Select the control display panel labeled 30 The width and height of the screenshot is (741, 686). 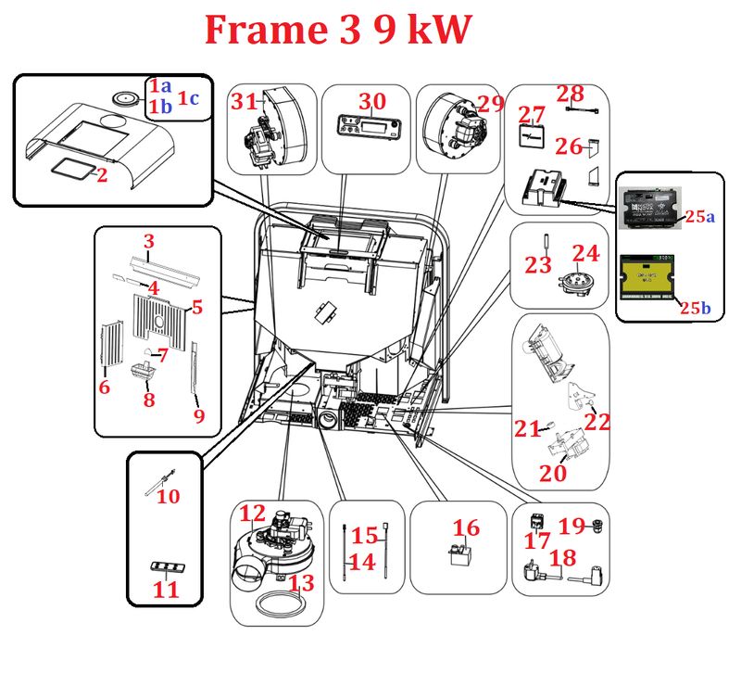(366, 130)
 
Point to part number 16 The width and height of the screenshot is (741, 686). (466, 528)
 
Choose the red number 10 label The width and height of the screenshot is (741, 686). (168, 497)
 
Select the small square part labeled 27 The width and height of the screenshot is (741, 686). (530, 136)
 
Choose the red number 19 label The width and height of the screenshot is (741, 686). (571, 527)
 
